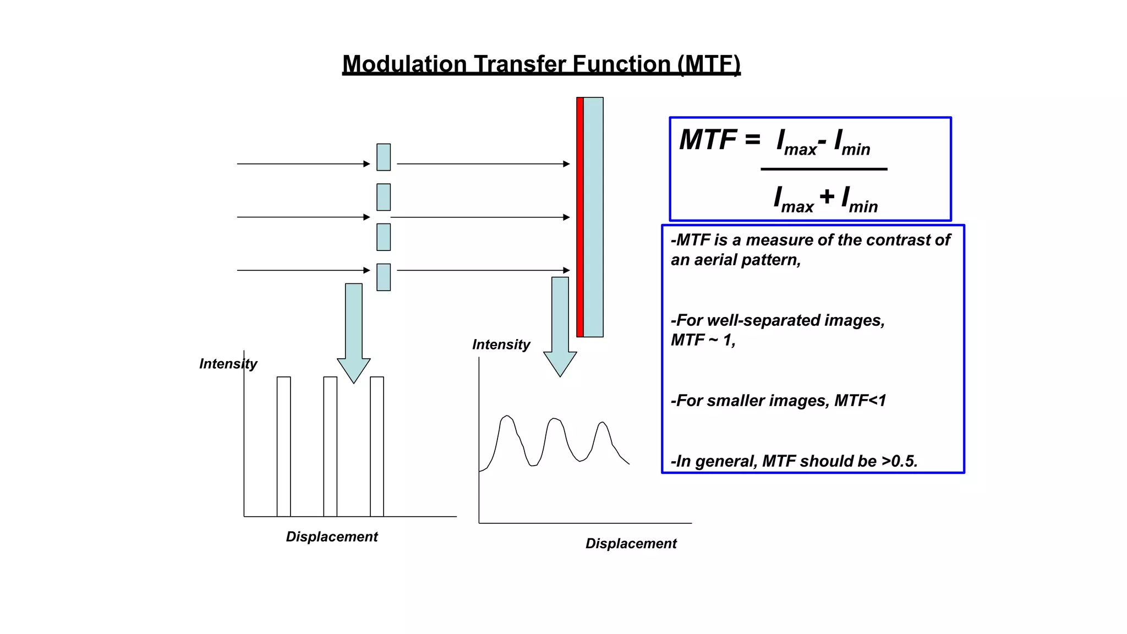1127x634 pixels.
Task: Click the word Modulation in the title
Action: pyautogui.click(x=404, y=64)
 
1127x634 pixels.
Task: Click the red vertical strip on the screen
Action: pyautogui.click(x=579, y=217)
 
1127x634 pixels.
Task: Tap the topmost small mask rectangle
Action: pyautogui.click(x=384, y=157)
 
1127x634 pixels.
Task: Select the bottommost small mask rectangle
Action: pyautogui.click(x=384, y=277)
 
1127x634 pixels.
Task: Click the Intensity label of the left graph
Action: pyautogui.click(x=228, y=364)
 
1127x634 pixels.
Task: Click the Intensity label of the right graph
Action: pyautogui.click(x=501, y=345)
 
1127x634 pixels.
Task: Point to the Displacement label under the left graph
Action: pyautogui.click(x=332, y=537)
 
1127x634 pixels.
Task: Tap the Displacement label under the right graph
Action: pyautogui.click(x=631, y=543)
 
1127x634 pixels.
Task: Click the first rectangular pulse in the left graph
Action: pyautogui.click(x=283, y=446)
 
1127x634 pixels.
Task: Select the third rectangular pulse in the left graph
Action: pyautogui.click(x=377, y=446)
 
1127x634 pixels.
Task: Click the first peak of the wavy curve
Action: pyautogui.click(x=507, y=417)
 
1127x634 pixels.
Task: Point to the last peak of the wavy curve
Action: pyautogui.click(x=603, y=423)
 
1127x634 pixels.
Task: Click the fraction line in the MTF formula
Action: pyautogui.click(x=824, y=169)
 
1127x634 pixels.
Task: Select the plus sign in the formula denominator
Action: pyautogui.click(x=827, y=196)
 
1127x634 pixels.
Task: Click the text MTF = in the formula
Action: pyautogui.click(x=719, y=140)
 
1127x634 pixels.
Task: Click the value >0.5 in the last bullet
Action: pyautogui.click(x=899, y=461)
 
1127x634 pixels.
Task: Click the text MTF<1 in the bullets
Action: pyautogui.click(x=860, y=401)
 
